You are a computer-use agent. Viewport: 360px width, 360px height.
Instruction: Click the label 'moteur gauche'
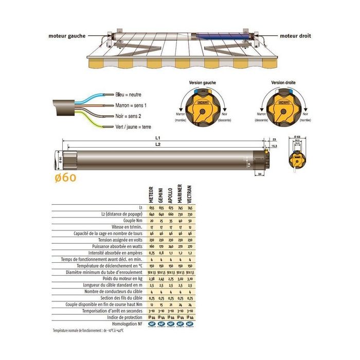point(67,37)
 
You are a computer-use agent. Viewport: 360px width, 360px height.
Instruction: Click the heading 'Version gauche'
point(202,82)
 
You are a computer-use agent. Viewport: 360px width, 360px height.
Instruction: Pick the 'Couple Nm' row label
point(131,220)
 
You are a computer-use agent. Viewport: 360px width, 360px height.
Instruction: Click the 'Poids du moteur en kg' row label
point(119,278)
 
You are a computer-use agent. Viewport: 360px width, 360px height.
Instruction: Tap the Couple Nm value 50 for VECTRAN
point(190,220)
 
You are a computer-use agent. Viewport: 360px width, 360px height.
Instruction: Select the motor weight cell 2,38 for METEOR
point(151,278)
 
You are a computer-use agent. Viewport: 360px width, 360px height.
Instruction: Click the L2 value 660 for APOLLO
point(171,213)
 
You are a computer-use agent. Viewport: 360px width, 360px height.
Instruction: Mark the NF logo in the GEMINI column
point(161,324)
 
